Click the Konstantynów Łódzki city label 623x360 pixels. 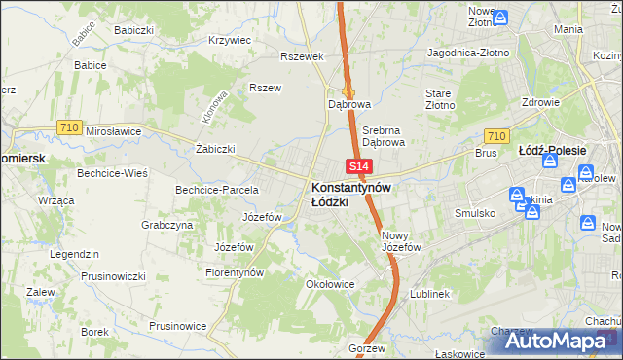(x=351, y=194)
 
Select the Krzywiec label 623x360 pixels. (x=231, y=41)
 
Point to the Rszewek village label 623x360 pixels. (x=301, y=56)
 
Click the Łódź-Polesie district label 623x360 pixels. (x=552, y=151)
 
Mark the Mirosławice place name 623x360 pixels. (x=114, y=130)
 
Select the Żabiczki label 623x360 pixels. (x=216, y=149)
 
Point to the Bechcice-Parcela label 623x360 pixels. (x=216, y=190)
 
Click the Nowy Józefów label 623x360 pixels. (x=401, y=240)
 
